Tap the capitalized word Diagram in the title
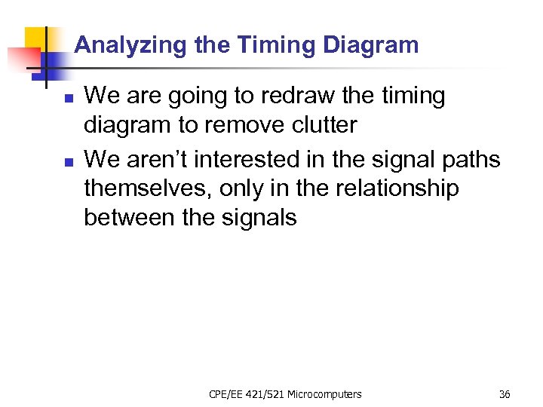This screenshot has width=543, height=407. (x=370, y=45)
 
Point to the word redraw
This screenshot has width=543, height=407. (x=278, y=96)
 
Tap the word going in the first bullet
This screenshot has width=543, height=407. (x=194, y=96)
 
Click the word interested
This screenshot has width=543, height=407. (x=265, y=159)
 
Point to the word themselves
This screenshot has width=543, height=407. (x=148, y=188)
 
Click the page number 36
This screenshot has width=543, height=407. (x=504, y=394)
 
